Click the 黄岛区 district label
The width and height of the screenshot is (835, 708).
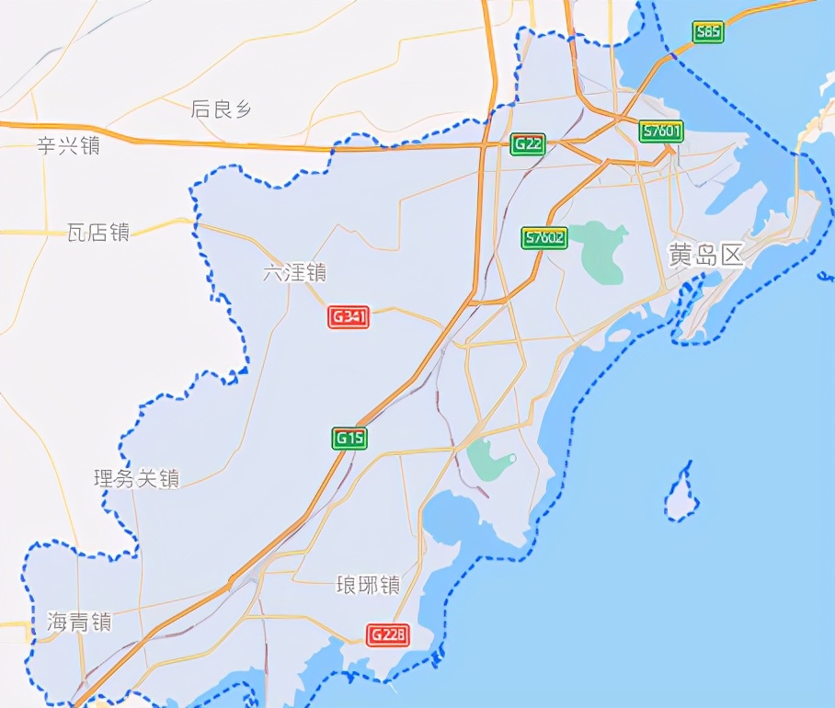coord(705,257)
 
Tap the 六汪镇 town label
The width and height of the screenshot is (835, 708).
coord(294,273)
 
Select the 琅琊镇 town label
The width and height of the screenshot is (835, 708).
coord(368,586)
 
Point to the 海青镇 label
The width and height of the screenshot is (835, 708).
coord(79,622)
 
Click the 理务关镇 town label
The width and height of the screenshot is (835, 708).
coord(137,478)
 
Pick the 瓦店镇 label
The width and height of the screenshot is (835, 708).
coord(97,232)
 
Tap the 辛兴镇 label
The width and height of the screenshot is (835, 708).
coord(68,145)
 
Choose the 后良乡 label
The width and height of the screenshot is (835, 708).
coord(221,109)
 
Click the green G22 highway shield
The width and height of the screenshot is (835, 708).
coord(528,143)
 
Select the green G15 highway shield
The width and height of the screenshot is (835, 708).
coord(349,439)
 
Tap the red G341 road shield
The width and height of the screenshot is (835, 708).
coord(349,317)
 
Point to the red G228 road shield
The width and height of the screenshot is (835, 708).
coord(387,634)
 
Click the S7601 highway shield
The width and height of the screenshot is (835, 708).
coord(662,131)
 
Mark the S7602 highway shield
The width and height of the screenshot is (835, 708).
coord(544,238)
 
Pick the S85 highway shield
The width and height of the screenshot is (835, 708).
coord(708,32)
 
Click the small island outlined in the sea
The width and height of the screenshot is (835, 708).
coord(681,494)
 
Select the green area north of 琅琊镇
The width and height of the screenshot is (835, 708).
coord(487,459)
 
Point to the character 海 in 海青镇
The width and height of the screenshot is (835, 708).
coord(57,622)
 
